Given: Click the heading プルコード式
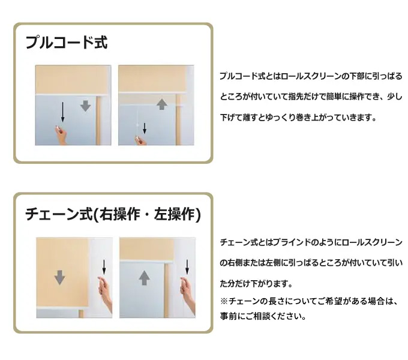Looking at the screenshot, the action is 67,43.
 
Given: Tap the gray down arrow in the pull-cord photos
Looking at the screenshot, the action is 85,106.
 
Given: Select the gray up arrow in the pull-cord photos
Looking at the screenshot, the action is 162,104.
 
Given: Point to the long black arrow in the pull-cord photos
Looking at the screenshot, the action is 62,112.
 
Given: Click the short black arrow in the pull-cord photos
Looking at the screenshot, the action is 145,128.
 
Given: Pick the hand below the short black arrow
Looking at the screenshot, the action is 140,140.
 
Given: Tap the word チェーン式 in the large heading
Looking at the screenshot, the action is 59,214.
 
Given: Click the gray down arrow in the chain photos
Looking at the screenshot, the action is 60,277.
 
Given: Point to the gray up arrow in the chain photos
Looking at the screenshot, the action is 145,278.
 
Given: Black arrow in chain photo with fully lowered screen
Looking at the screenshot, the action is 104,267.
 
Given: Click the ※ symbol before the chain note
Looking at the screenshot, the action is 224,301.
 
